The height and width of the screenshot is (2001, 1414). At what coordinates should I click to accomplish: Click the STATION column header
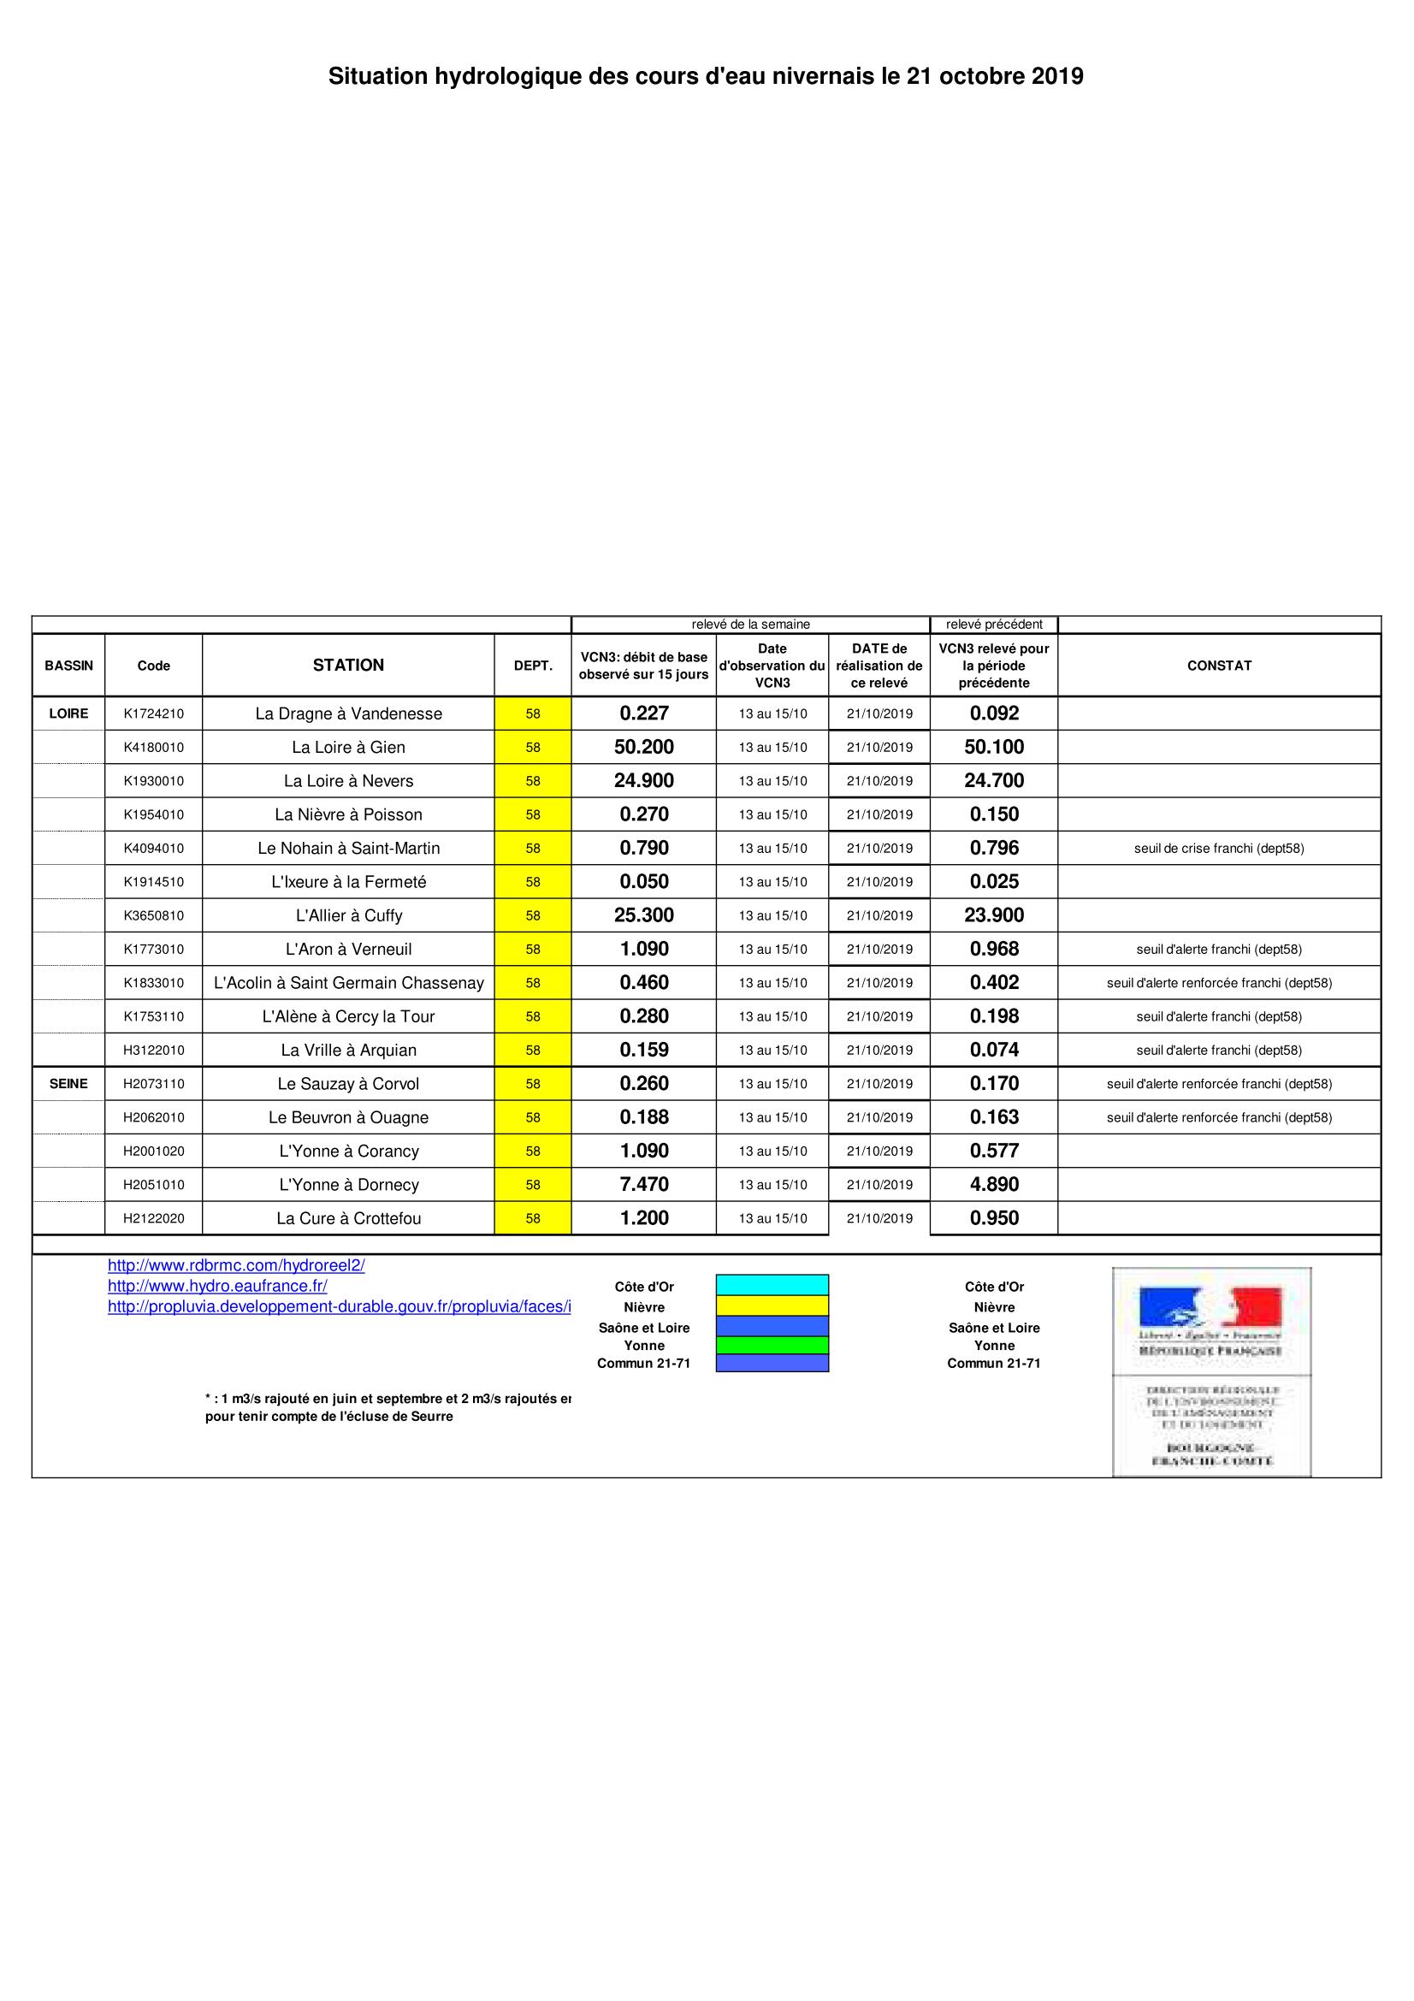click(x=348, y=665)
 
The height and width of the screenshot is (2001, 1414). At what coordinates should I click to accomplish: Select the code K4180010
click(x=153, y=747)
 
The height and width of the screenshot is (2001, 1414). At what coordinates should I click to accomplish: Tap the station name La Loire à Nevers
click(x=348, y=781)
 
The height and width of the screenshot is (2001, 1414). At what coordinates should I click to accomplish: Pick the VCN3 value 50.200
click(x=644, y=747)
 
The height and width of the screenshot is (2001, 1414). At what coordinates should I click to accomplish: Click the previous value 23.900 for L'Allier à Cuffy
click(x=994, y=915)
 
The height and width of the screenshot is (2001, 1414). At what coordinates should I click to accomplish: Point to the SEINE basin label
click(x=68, y=1083)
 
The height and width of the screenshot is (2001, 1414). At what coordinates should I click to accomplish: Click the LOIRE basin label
click(x=68, y=713)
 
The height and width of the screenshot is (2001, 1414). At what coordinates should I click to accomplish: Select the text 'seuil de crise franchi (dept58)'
click(x=1219, y=848)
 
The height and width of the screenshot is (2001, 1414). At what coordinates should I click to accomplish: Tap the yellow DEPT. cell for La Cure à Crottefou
click(x=532, y=1218)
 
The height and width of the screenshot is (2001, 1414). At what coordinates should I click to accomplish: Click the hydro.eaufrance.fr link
click(x=218, y=1286)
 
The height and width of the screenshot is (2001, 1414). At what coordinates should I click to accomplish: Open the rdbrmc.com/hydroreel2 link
click(x=236, y=1265)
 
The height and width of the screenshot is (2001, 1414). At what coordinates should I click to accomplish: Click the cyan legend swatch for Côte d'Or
click(x=772, y=1285)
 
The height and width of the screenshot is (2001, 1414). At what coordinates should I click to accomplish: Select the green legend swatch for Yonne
click(x=772, y=1345)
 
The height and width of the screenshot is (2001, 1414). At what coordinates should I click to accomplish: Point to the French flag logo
click(x=1211, y=1308)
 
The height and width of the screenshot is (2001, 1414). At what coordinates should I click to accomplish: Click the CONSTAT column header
click(x=1219, y=665)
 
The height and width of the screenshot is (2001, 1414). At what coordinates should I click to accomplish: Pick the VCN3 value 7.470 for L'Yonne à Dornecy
click(x=644, y=1184)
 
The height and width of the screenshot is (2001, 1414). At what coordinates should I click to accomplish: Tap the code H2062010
click(x=153, y=1117)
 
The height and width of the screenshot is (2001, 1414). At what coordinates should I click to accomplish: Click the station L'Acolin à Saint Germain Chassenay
click(x=348, y=983)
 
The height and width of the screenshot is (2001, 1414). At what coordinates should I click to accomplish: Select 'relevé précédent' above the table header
click(x=994, y=624)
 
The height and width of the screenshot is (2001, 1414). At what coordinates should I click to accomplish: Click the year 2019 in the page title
click(x=1057, y=77)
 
